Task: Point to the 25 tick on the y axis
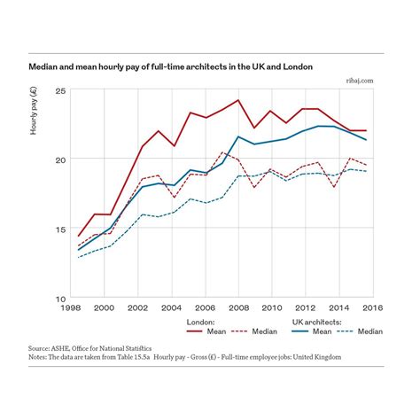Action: point(61,91)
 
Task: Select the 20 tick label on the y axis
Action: point(61,159)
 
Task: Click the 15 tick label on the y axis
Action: point(61,229)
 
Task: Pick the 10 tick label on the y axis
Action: point(61,298)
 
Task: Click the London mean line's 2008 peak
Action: point(237,100)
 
